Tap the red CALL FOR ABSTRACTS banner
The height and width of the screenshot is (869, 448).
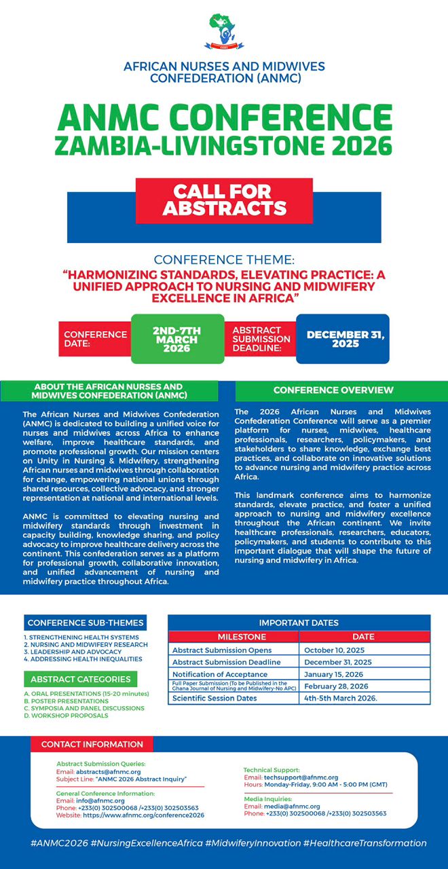click(x=224, y=200)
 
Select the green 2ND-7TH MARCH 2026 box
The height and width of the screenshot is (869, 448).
click(x=176, y=339)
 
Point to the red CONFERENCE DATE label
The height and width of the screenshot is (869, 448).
click(x=95, y=339)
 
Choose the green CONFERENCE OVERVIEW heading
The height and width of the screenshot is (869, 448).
click(x=333, y=390)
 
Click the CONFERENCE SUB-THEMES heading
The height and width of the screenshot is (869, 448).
click(x=86, y=623)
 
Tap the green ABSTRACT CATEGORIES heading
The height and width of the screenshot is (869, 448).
click(x=80, y=679)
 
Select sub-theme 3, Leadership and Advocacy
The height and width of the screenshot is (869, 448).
click(x=72, y=652)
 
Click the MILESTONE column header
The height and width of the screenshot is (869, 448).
click(x=232, y=637)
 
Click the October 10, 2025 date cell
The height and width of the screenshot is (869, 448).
click(x=329, y=650)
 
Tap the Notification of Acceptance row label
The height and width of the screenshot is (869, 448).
click(x=219, y=674)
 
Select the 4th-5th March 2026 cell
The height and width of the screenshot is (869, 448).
click(x=340, y=698)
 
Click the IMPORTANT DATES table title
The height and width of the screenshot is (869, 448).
click(x=299, y=623)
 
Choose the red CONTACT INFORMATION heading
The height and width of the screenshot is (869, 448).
click(x=92, y=744)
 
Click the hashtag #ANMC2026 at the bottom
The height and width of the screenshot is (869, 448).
click(x=57, y=843)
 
